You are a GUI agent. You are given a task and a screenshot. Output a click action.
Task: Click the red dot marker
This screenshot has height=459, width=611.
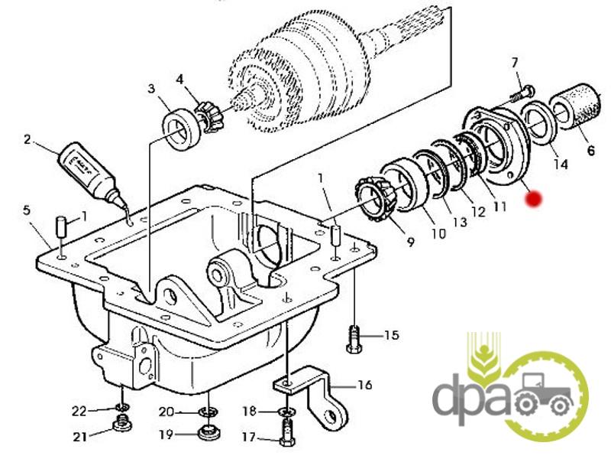pos(534,199)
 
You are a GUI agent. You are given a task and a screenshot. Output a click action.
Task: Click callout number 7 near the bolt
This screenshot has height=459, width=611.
pos(514,63)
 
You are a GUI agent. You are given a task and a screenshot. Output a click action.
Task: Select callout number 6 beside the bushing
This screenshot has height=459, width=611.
pos(590,151)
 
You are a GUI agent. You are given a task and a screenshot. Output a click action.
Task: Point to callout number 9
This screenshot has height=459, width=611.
pos(411,243)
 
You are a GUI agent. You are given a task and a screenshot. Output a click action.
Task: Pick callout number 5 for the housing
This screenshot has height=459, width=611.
pos(27,209)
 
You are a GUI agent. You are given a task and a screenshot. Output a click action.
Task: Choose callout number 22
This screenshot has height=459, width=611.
pos(80,411)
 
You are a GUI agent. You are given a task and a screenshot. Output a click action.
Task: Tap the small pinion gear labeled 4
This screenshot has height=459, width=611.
pos(206,116)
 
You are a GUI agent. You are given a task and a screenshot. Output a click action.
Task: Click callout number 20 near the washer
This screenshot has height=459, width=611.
pos(167,412)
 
